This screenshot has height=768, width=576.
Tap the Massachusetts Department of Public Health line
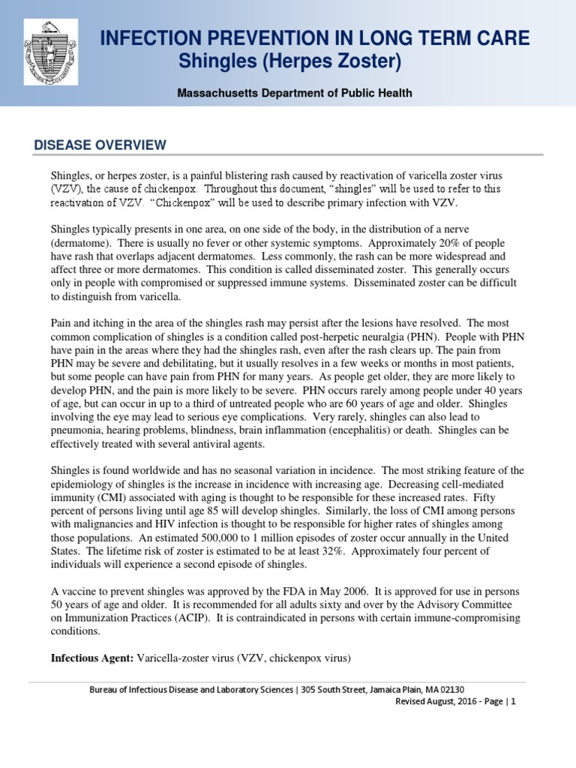tap(294, 93)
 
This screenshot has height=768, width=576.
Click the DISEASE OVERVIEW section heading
tap(100, 145)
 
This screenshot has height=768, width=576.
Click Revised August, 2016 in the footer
tap(433, 701)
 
